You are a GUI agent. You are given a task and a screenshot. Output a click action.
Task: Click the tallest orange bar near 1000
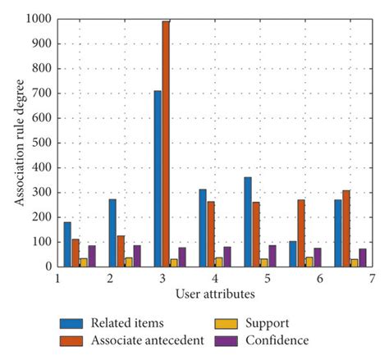166,144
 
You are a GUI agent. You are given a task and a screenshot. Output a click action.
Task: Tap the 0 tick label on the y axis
48,267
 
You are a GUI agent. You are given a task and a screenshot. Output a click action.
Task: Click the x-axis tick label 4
215,280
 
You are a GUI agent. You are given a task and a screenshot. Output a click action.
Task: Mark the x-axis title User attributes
214,294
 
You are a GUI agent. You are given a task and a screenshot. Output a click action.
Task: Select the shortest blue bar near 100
292,254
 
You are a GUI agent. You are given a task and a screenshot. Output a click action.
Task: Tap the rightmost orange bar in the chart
346,229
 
